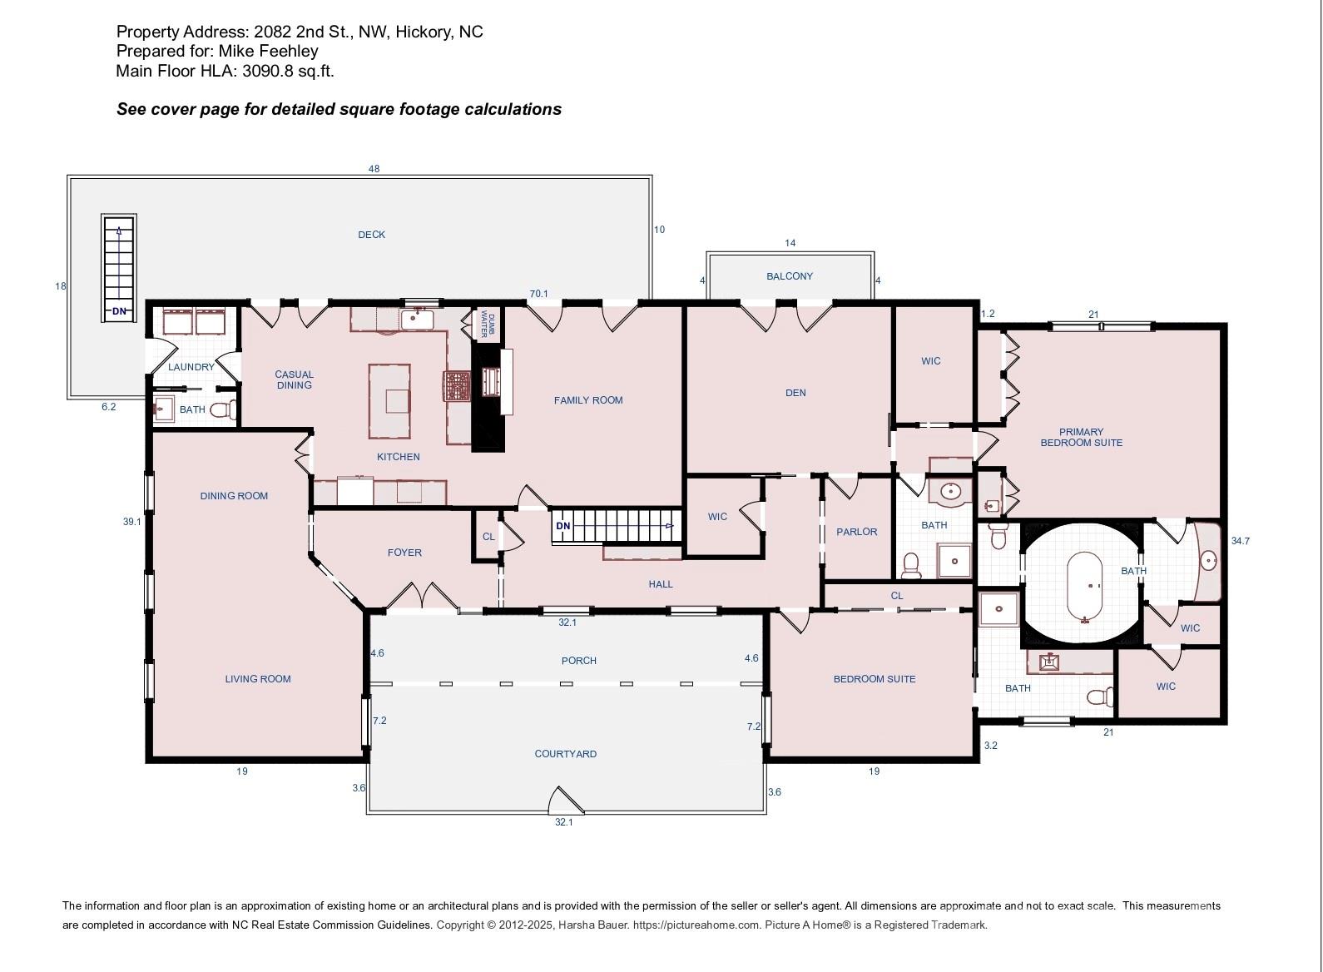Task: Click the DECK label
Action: tap(371, 235)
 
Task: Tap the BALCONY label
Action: tap(790, 276)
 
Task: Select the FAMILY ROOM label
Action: tap(588, 400)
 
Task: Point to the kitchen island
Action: tap(389, 401)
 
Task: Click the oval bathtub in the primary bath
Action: tap(1084, 587)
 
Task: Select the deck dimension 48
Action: tap(374, 169)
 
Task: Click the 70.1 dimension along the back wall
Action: tap(538, 294)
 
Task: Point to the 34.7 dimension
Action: tap(1241, 541)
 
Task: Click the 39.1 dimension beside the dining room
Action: tap(131, 522)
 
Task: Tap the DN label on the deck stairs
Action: tap(119, 310)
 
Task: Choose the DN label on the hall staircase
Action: tap(562, 526)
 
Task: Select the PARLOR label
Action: tap(856, 532)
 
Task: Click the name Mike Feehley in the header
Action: tap(268, 51)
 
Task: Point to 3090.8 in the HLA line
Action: tap(268, 71)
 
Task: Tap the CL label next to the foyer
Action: tap(488, 537)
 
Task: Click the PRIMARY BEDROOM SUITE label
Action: tap(1082, 437)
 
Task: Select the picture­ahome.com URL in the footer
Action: tap(696, 925)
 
